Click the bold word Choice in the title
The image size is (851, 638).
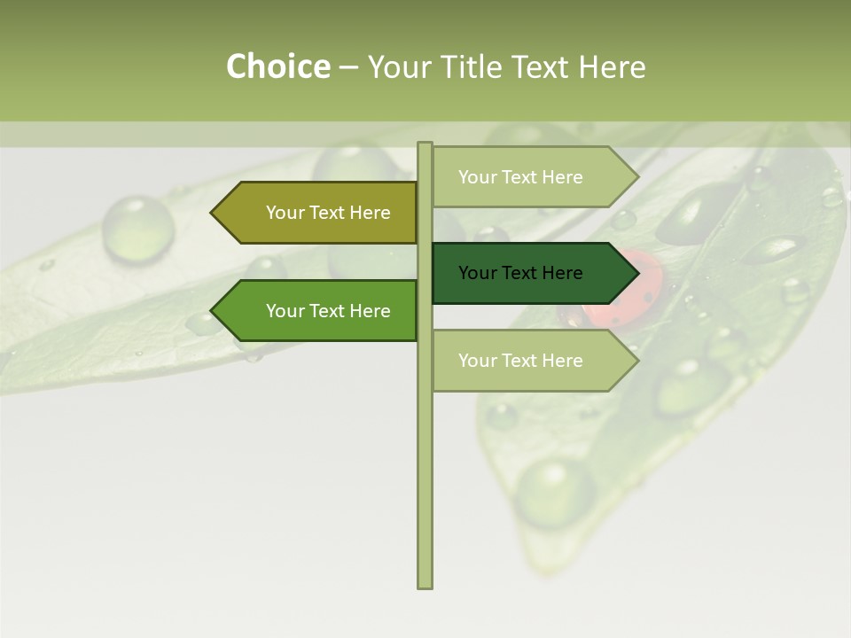coord(277,66)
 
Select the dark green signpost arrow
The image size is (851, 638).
coord(532,273)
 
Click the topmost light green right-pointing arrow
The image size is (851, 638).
coord(532,177)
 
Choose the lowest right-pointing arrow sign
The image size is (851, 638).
coord(532,361)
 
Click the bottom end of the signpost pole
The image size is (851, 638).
coord(425,583)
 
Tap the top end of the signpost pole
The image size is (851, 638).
coord(425,146)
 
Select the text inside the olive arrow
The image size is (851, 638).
coord(328,213)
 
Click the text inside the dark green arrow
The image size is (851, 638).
coord(520,273)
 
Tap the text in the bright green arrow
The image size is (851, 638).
coord(328,311)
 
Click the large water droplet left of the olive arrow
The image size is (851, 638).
coord(137,223)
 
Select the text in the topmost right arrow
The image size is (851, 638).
coord(520,177)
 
